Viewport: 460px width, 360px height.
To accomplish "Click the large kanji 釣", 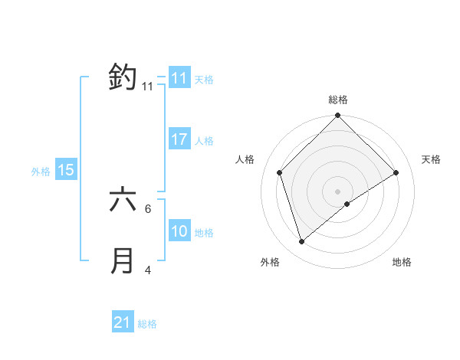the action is tap(123, 77).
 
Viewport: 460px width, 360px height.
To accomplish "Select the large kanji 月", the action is tap(123, 260).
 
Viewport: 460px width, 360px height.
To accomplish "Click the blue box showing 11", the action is tap(179, 78).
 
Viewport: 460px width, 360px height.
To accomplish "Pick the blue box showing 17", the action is tap(179, 139).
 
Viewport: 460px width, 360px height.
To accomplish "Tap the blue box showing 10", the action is tap(179, 231).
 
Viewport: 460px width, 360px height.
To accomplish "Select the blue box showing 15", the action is tap(66, 170).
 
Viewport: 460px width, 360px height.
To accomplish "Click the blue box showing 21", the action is tap(123, 322).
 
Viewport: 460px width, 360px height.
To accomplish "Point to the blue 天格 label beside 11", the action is tap(204, 79).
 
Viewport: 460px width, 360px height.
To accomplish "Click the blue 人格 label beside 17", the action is tap(204, 140).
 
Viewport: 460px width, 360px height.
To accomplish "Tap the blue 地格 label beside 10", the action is tap(204, 232).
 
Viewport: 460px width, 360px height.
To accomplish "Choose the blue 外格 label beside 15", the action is tap(41, 172).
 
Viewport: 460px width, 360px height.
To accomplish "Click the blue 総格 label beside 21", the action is tap(147, 323).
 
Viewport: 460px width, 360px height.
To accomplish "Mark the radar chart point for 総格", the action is tap(337, 116).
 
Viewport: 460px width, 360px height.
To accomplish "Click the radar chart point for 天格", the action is tap(396, 172).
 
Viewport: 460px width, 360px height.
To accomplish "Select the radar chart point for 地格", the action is tap(347, 204).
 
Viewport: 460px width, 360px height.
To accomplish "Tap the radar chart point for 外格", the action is tap(302, 242).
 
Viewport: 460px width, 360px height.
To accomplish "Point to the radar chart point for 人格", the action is tap(280, 172).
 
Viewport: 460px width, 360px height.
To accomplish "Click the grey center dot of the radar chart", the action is tap(337, 191).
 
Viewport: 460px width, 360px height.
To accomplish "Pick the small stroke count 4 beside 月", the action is tap(148, 270).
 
